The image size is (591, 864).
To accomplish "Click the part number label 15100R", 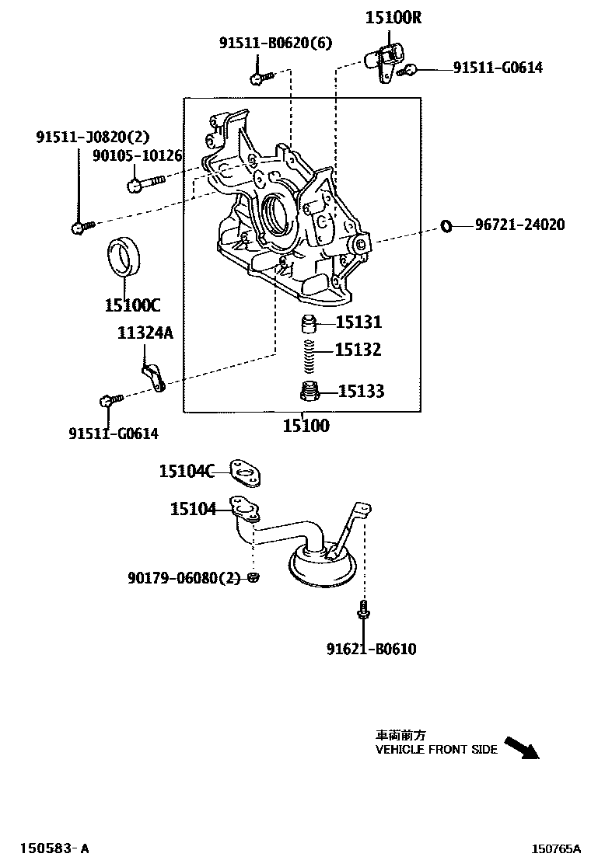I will (x=393, y=17).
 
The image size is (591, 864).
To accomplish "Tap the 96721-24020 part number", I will (x=519, y=225).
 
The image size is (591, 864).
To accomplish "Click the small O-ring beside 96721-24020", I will (x=446, y=225).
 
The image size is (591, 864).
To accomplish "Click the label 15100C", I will (x=131, y=304).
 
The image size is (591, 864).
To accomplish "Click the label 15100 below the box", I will (x=305, y=425).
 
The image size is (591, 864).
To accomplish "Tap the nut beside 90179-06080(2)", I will (x=254, y=577).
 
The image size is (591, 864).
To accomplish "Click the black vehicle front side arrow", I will (x=520, y=747).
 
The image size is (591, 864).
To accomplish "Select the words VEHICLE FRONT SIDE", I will (x=436, y=750).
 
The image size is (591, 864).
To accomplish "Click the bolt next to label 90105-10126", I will (x=144, y=184).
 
